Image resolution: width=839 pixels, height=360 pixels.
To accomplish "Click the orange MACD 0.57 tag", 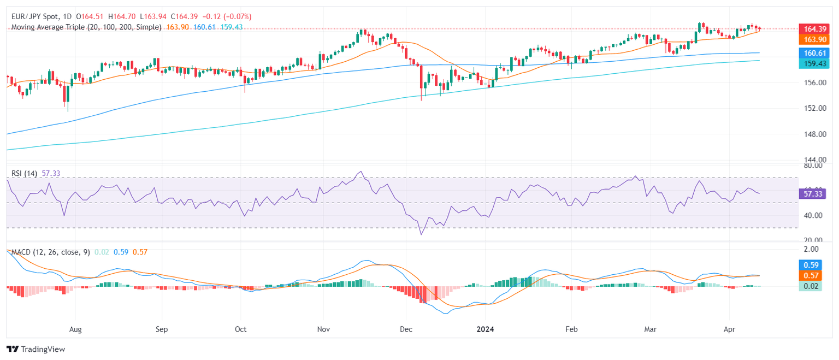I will pyautogui.click(x=810, y=276).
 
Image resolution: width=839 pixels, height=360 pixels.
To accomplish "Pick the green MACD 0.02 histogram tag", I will pyautogui.click(x=810, y=286).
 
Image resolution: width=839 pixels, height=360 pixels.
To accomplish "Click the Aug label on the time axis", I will pyautogui.click(x=76, y=329).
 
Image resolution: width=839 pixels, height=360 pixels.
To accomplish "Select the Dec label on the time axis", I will pyautogui.click(x=405, y=329).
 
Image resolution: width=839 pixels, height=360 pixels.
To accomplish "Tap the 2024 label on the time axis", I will pyautogui.click(x=485, y=329).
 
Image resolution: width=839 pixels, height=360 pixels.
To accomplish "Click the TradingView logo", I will pyautogui.click(x=36, y=349).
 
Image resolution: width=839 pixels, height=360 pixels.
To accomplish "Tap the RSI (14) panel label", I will pyautogui.click(x=24, y=173).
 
